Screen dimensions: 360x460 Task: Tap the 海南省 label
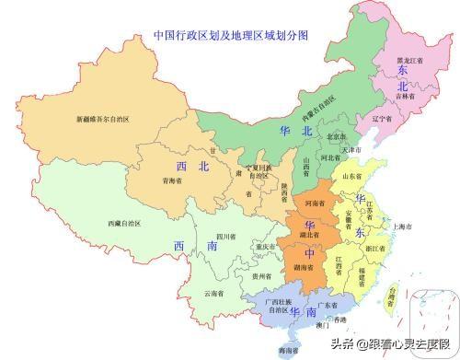coord(292,351)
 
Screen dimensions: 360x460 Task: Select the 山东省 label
coord(352,173)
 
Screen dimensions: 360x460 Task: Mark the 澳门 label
coord(323,325)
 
